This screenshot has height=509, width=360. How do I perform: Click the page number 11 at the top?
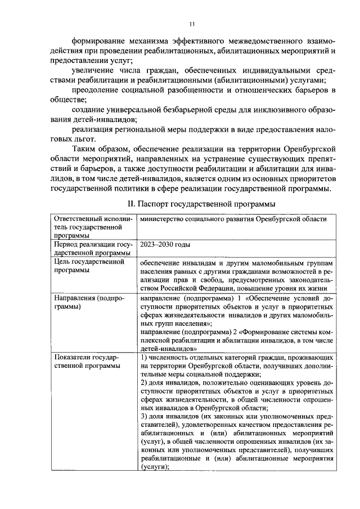pyautogui.click(x=191, y=24)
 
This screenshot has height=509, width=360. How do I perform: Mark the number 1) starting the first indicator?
pyautogui.click(x=144, y=358)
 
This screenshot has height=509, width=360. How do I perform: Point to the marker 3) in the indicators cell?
pyautogui.click(x=144, y=417)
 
